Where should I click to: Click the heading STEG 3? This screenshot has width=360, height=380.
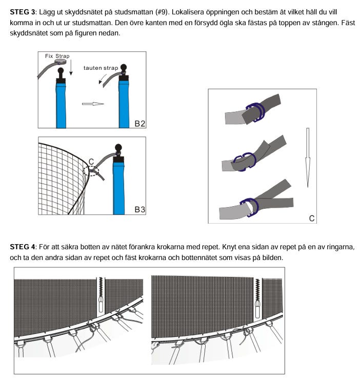[22, 11]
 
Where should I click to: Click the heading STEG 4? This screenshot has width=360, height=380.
[22, 247]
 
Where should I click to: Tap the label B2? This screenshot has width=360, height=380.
[139, 123]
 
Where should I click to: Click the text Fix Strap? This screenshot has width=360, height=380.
[57, 56]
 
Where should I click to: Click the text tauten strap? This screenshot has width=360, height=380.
[101, 68]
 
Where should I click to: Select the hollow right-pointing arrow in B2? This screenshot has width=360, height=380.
[93, 104]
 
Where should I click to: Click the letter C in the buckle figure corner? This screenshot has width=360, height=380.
[311, 218]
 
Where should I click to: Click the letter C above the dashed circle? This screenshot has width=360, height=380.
[91, 162]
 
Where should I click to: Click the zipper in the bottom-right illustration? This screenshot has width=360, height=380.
[258, 300]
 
